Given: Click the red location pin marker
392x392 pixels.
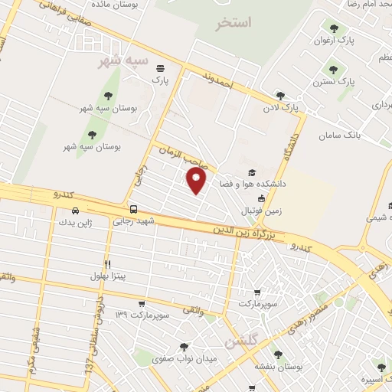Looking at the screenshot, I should click(x=198, y=181).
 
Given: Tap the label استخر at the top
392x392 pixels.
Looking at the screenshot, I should click(x=234, y=23).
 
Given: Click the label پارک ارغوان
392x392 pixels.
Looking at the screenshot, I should click(x=356, y=42).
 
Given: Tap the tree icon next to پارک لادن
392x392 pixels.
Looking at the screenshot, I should click(x=279, y=96).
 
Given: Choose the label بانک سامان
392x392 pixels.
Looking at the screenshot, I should click(x=362, y=132).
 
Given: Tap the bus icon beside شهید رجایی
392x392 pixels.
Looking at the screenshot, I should click(x=134, y=209).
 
